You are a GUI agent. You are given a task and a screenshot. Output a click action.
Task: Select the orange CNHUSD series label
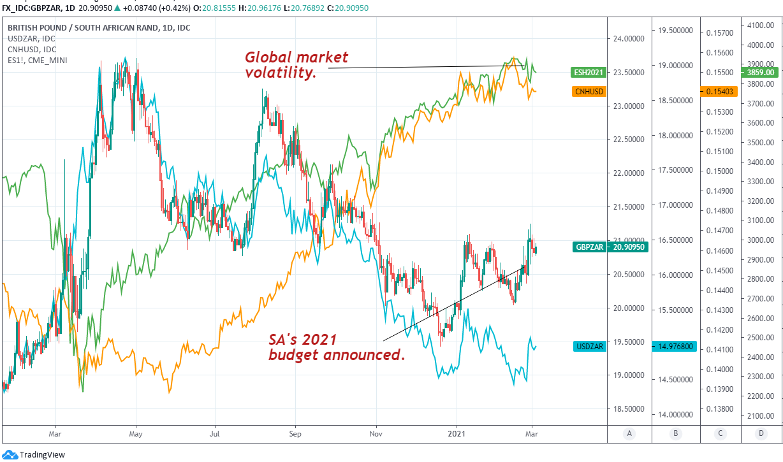589,91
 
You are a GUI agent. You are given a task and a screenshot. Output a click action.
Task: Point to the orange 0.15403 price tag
719,91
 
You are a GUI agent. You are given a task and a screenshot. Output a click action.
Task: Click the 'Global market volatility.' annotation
281,65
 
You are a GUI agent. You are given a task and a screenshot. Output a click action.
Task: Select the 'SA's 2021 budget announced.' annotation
337,347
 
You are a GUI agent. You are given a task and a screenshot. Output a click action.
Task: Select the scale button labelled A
629,434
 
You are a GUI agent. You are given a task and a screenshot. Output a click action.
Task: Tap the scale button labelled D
761,434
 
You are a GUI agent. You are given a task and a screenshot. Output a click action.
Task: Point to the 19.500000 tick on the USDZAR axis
675,30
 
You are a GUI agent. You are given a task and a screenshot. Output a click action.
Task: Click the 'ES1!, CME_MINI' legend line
38,60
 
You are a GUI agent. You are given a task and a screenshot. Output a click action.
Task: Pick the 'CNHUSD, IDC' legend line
32,50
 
